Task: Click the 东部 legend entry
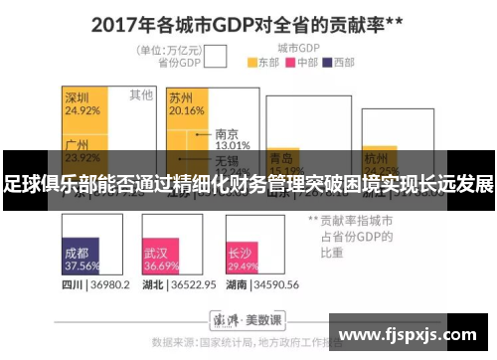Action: [x=264, y=63]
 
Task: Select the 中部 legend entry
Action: [x=302, y=63]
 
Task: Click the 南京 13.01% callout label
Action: [x=226, y=138]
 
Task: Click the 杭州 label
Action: [x=376, y=157]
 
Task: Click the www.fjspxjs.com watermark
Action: [x=409, y=332]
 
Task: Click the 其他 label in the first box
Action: [x=140, y=95]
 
